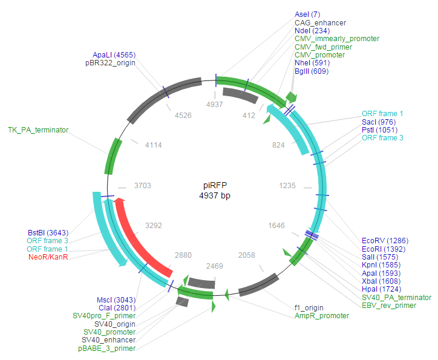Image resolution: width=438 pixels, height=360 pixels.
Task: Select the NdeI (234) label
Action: (x=312, y=30)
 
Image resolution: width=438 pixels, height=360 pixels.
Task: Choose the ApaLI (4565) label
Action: (x=114, y=54)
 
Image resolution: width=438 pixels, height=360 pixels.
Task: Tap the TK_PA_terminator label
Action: (x=38, y=129)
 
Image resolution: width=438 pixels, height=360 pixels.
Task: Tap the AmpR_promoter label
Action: (x=322, y=316)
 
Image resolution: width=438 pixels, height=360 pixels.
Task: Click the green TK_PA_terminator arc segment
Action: (x=113, y=155)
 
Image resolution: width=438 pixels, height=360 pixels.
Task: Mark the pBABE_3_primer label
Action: (x=106, y=349)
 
